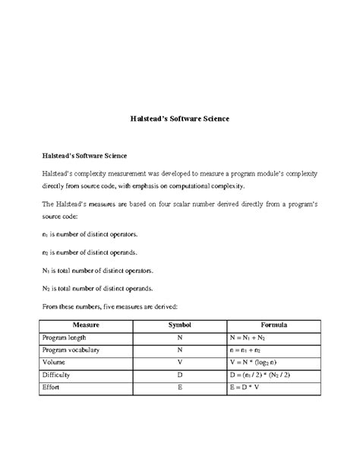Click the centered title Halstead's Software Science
point(179,119)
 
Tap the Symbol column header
point(179,325)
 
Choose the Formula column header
point(273,325)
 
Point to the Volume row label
point(55,362)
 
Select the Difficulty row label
point(59,375)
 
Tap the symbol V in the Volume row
point(179,362)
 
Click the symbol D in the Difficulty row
point(179,375)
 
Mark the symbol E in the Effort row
point(179,387)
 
